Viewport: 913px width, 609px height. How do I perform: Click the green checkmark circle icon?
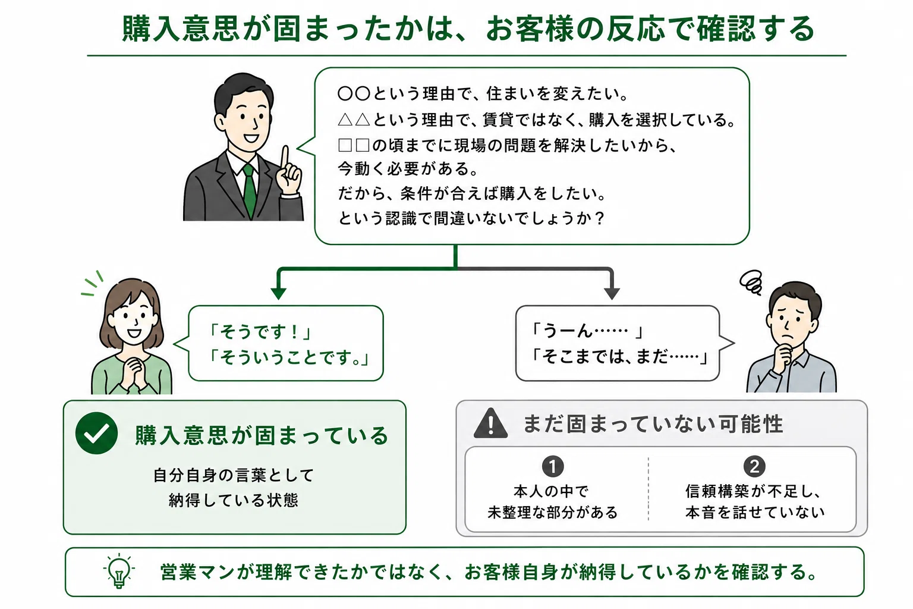(97, 433)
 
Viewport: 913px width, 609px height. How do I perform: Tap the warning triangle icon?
(491, 424)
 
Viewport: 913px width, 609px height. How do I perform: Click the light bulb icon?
(119, 572)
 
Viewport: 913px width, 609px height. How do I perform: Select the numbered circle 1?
(553, 466)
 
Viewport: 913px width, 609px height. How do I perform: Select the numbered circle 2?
(754, 466)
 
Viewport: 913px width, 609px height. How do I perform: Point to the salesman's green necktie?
(250, 190)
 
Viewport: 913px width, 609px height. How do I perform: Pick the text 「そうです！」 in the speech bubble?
(260, 332)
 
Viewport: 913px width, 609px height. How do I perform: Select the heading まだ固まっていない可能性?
(653, 424)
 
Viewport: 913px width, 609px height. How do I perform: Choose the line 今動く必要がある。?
(408, 168)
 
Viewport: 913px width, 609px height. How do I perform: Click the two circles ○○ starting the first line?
(354, 94)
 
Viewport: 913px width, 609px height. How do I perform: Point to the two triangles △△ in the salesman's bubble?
(354, 120)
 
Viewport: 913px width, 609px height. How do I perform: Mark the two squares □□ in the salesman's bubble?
(354, 145)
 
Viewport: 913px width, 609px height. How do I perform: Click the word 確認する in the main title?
(755, 29)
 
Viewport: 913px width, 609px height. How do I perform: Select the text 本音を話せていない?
(755, 512)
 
